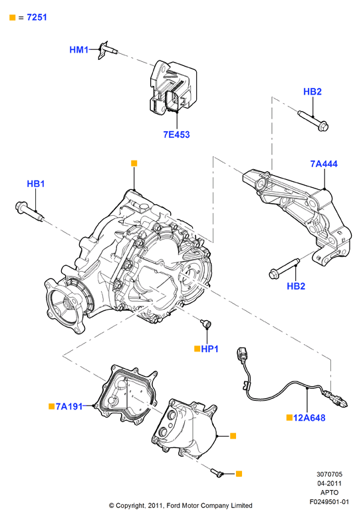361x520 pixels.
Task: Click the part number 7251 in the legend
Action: [37, 17]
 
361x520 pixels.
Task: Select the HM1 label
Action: [79, 50]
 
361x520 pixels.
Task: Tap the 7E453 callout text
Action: [177, 134]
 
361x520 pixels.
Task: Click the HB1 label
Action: [36, 184]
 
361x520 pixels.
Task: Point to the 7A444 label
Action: [324, 164]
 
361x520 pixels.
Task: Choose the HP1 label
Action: [209, 349]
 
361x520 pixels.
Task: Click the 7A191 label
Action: [69, 406]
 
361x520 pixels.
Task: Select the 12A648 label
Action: [309, 418]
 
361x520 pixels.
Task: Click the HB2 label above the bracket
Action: [312, 91]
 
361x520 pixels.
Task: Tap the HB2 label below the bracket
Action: [296, 286]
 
